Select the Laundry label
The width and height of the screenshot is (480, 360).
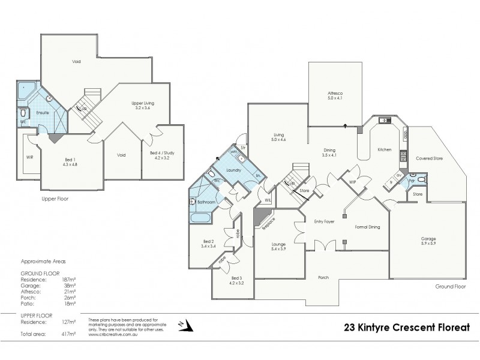pyautogui.click(x=233, y=170)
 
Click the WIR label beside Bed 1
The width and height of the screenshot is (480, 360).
pyautogui.click(x=30, y=157)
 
